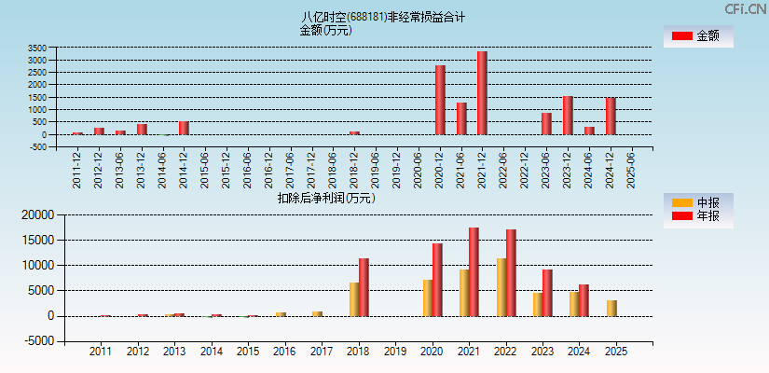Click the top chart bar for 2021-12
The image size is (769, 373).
(x=482, y=93)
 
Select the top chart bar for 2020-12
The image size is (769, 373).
(x=440, y=100)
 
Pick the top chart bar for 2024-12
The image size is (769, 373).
(x=611, y=117)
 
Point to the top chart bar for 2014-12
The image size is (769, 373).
(x=184, y=128)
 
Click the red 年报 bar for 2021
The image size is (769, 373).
(x=474, y=271)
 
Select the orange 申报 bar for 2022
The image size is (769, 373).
(x=501, y=287)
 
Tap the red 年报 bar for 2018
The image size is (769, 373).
(x=364, y=287)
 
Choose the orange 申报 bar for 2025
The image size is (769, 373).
(x=611, y=308)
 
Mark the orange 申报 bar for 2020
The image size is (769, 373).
(x=428, y=297)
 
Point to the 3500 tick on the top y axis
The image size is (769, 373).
(x=37, y=48)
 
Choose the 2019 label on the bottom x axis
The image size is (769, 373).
(x=394, y=352)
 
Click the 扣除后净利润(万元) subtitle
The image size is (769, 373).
(x=326, y=198)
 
